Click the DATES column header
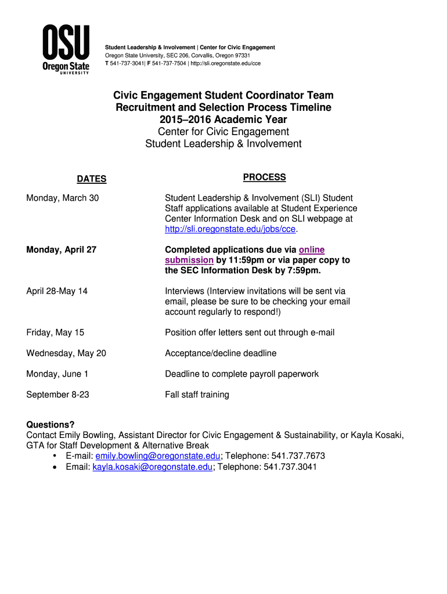(92, 179)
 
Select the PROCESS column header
(264, 177)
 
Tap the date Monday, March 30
(63, 198)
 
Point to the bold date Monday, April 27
(62, 250)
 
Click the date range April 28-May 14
(57, 291)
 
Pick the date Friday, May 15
(55, 333)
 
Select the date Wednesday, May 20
(66, 353)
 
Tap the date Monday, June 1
(57, 374)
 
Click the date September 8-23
(57, 395)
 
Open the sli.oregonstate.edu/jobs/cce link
(230, 230)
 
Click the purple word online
(312, 250)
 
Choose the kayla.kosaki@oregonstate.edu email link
(153, 466)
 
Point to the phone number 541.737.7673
(298, 456)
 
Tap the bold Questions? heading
(51, 425)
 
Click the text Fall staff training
(197, 395)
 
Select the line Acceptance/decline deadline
(221, 353)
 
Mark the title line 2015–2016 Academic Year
(223, 119)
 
